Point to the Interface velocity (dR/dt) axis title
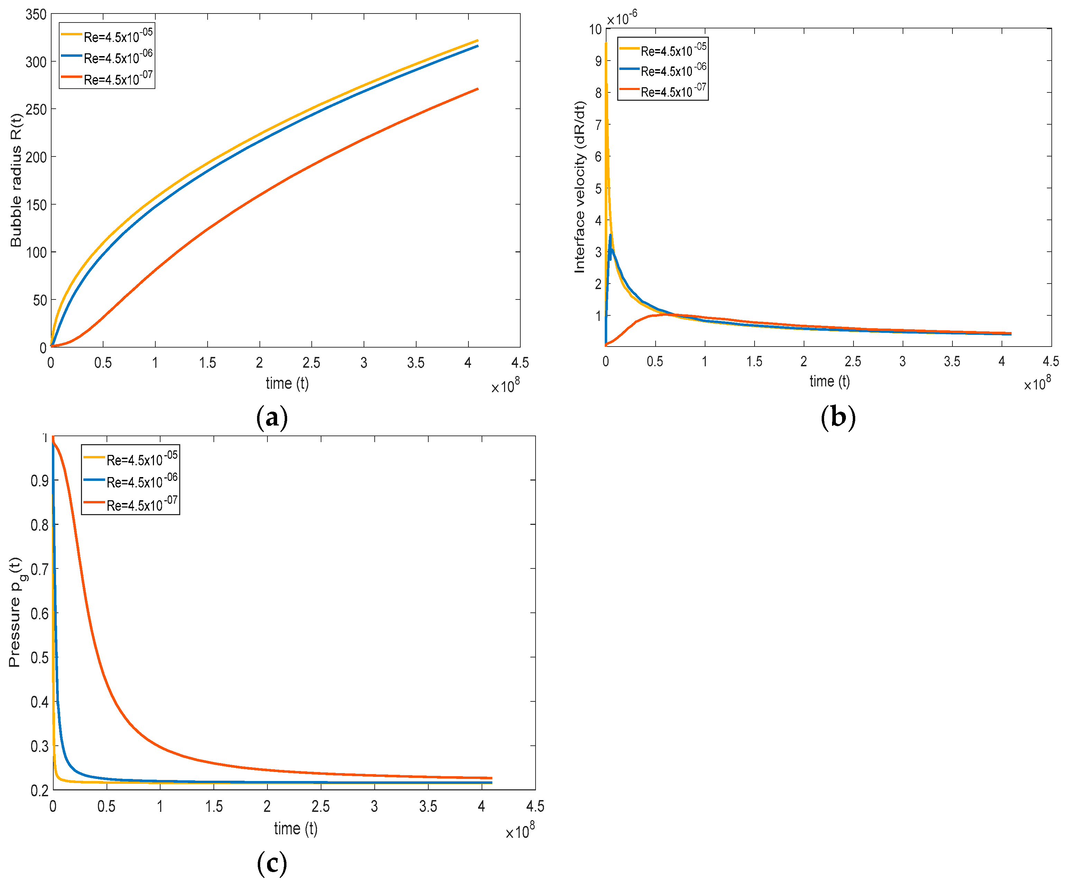click(580, 187)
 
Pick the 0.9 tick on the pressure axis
click(40, 481)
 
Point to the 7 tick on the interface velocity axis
click(598, 125)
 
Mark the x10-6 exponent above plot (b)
click(621, 18)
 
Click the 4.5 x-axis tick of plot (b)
click(1051, 361)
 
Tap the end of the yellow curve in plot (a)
click(477, 40)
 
